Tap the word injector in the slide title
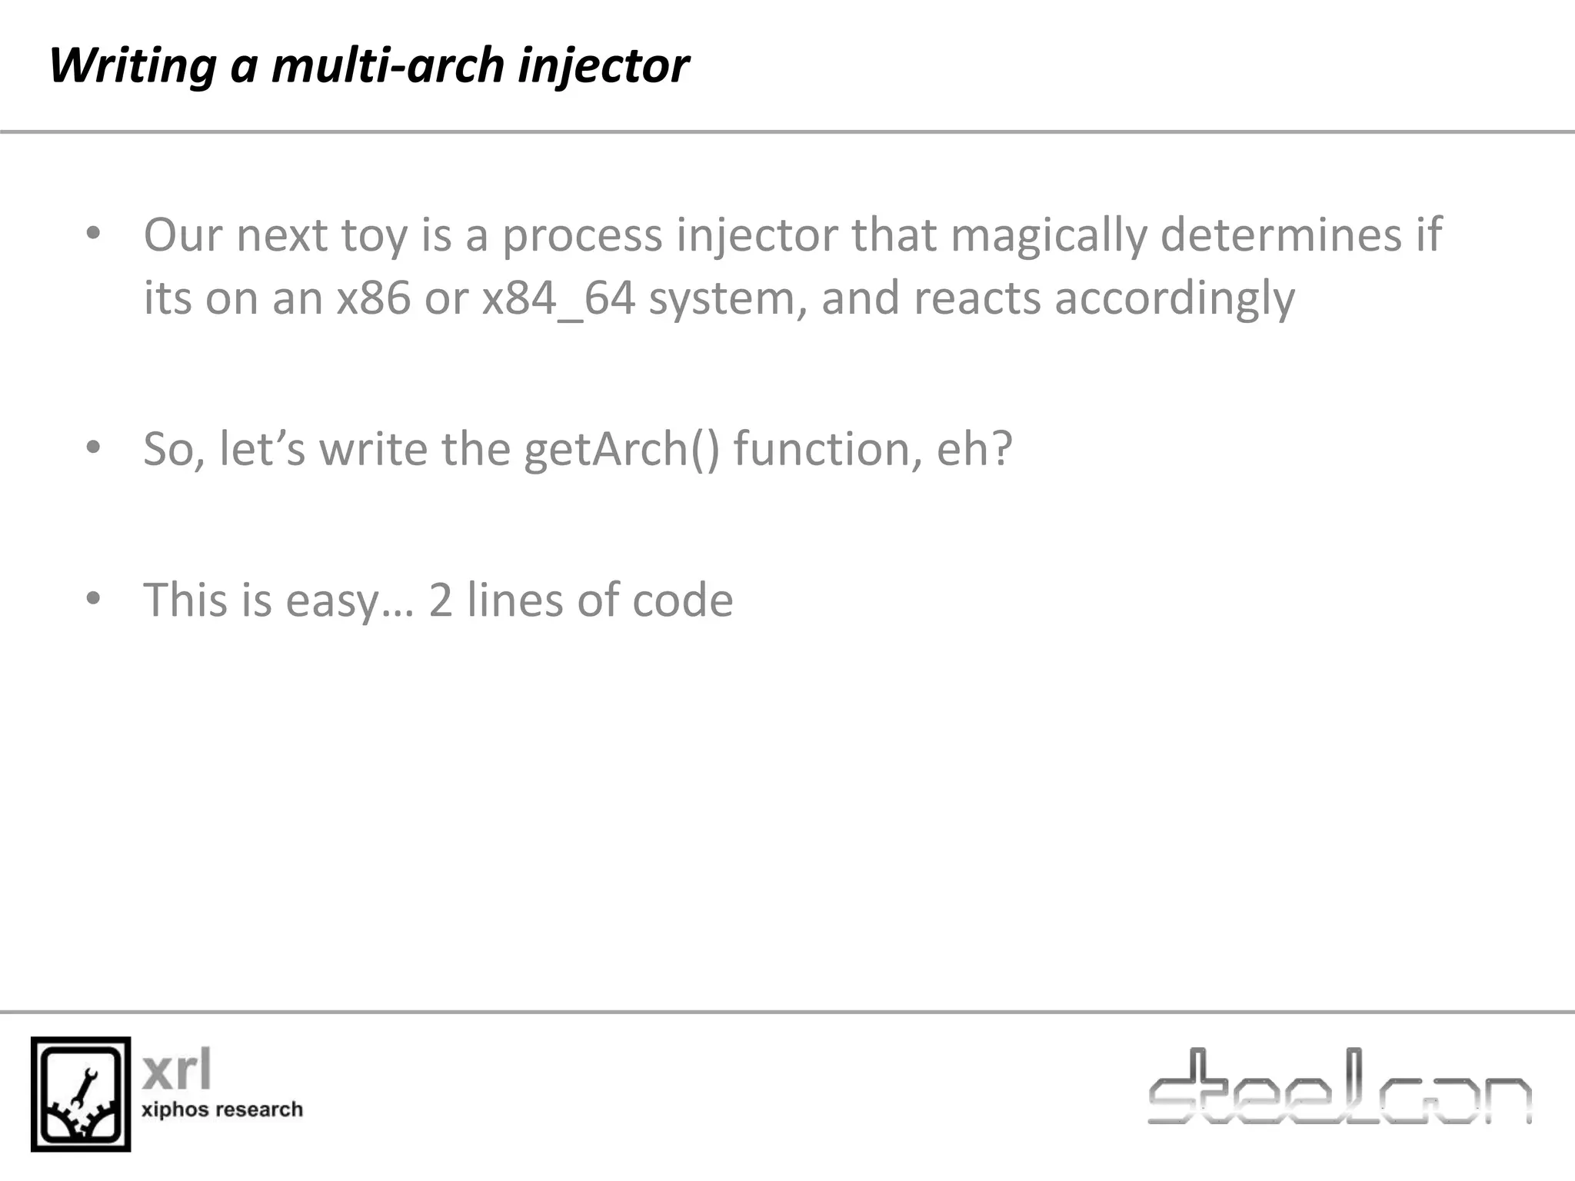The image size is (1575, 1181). click(603, 66)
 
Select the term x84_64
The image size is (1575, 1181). click(558, 298)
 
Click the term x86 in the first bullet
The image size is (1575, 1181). click(374, 298)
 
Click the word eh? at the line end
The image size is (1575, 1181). click(974, 449)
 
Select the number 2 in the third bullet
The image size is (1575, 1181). click(441, 600)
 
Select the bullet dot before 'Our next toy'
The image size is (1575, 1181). click(94, 233)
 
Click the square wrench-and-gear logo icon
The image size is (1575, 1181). click(81, 1093)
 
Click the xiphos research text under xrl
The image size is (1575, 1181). click(222, 1109)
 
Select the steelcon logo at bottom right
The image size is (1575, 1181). click(1339, 1088)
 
